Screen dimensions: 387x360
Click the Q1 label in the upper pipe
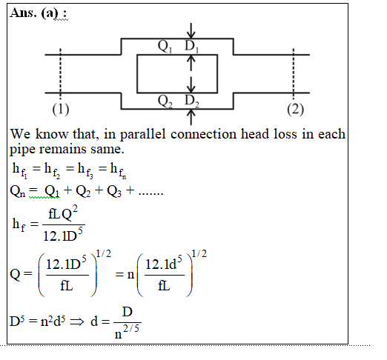(x=165, y=46)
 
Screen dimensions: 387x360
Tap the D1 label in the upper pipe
(x=192, y=46)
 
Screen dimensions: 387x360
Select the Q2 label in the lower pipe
(x=165, y=101)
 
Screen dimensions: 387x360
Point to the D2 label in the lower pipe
(x=192, y=101)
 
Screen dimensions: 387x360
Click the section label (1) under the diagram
(x=61, y=110)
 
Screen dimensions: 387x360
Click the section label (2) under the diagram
(x=296, y=110)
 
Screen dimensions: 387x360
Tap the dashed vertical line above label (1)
(x=61, y=73)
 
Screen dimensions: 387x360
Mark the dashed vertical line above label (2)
(x=294, y=73)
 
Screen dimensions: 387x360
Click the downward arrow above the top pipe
(x=191, y=31)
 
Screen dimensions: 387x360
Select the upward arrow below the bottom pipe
(x=191, y=117)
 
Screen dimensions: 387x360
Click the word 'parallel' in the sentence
(x=143, y=135)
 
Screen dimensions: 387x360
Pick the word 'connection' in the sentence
(x=203, y=134)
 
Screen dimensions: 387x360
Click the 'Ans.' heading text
(x=24, y=13)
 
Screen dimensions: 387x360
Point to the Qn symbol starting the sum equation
(x=18, y=191)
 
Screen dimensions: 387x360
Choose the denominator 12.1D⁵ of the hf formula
(x=63, y=235)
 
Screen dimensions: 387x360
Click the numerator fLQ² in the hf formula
(x=63, y=213)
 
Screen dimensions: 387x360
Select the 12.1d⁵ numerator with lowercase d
(x=164, y=264)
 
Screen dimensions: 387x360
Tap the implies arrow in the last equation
(x=77, y=322)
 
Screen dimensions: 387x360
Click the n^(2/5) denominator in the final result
(x=127, y=332)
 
